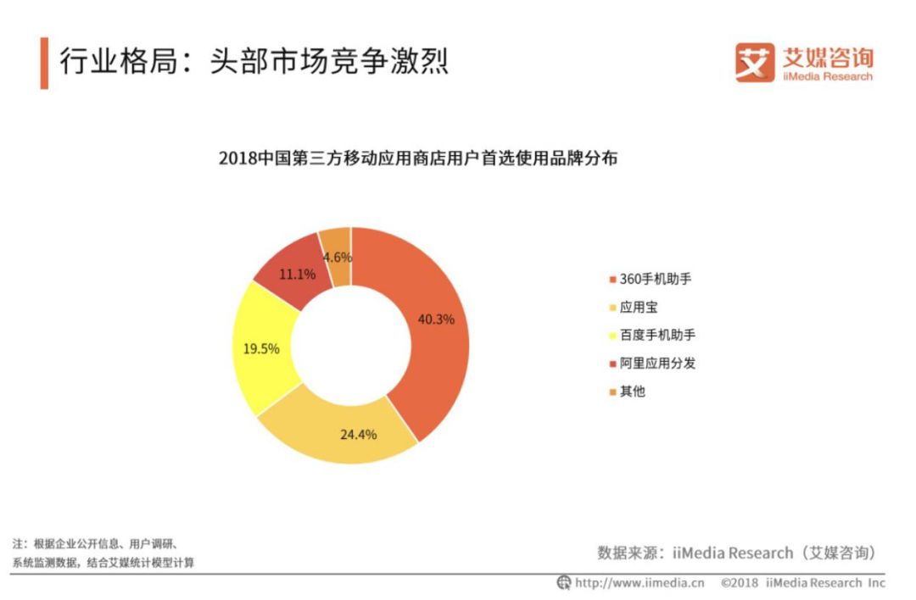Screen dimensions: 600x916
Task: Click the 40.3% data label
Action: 436,319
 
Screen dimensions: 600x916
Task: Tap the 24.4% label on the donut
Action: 358,435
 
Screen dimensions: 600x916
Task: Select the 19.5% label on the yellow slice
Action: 261,348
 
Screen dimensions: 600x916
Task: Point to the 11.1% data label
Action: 297,274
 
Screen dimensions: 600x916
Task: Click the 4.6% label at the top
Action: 337,257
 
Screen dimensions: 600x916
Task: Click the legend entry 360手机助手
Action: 650,279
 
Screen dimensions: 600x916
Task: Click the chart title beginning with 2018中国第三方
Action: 417,158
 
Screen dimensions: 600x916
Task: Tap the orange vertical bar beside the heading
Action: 43,63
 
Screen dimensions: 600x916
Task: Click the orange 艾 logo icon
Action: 755,63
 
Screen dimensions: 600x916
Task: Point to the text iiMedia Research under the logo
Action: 826,76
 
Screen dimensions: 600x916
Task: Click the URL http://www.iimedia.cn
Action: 640,583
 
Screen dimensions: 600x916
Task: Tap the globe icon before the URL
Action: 564,583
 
